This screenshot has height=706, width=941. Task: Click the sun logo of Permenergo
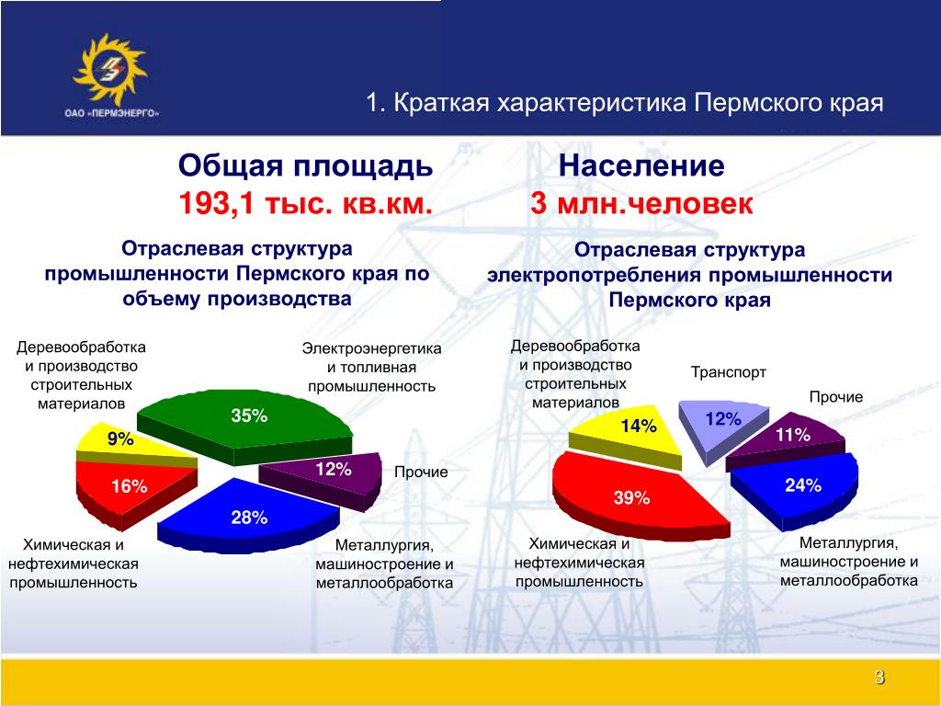coord(110,69)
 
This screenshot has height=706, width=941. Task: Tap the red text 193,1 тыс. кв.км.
coord(305,204)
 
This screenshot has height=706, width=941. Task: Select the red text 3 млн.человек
coord(641,203)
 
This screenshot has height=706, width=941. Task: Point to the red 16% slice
coord(129,489)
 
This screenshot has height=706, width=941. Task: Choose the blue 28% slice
coord(247,515)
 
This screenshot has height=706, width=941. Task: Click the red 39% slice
coord(630,495)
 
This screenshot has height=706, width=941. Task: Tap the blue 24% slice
coord(799,486)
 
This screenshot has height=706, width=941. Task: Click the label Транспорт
coord(729,372)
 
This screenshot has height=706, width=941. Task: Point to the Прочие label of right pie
coord(836,397)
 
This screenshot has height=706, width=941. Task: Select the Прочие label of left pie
coord(421,472)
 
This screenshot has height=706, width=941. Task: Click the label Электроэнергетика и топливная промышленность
coord(371,367)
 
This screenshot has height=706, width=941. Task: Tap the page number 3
coord(879,678)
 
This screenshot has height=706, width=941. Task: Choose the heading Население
coord(641,165)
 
